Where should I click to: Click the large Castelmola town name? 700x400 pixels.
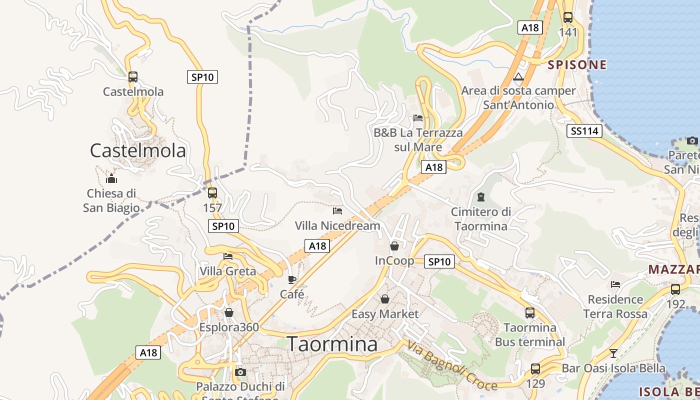tap(137, 150)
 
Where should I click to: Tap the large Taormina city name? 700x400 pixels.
tap(332, 344)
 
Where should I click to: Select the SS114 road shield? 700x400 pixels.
tap(584, 131)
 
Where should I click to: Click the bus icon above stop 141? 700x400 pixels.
tap(568, 17)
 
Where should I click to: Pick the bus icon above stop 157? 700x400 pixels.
tap(212, 192)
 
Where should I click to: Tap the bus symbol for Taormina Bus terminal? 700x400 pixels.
tap(530, 313)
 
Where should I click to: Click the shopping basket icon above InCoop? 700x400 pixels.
tap(394, 245)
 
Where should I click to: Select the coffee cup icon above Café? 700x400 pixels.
tap(292, 279)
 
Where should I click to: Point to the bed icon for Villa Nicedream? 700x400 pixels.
tap(337, 210)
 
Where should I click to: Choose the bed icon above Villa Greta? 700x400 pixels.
tap(228, 256)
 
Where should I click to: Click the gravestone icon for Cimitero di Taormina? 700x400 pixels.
tap(481, 196)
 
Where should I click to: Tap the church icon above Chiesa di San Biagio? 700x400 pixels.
tap(111, 178)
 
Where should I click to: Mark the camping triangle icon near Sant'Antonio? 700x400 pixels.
tap(518, 77)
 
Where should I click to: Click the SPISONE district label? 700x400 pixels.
tap(577, 64)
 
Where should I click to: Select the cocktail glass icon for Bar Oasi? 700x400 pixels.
tap(613, 353)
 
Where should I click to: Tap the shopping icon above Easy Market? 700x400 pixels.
tap(385, 299)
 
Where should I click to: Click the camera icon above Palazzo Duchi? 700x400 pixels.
tap(240, 372)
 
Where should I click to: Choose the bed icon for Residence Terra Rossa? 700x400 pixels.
tap(615, 284)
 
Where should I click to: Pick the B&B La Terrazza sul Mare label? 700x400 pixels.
tap(418, 140)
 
